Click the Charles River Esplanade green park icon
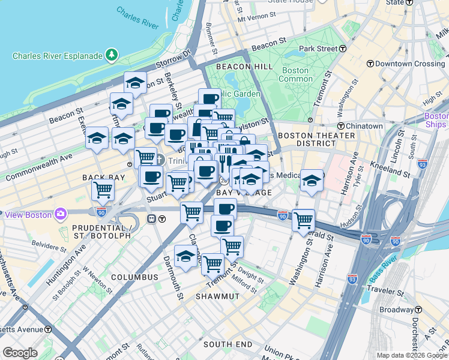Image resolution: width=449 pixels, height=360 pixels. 112,56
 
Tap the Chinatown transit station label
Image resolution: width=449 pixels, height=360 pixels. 364,126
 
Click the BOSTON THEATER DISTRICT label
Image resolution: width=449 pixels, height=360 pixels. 318,140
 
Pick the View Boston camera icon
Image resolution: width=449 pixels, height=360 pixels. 60,214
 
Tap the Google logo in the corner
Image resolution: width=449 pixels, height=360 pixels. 20,353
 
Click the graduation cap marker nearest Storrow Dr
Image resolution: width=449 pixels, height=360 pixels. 136,83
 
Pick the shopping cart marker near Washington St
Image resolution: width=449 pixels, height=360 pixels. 304,220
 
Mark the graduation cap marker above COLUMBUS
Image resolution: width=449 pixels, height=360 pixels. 186,256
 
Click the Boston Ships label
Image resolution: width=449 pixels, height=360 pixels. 436,120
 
